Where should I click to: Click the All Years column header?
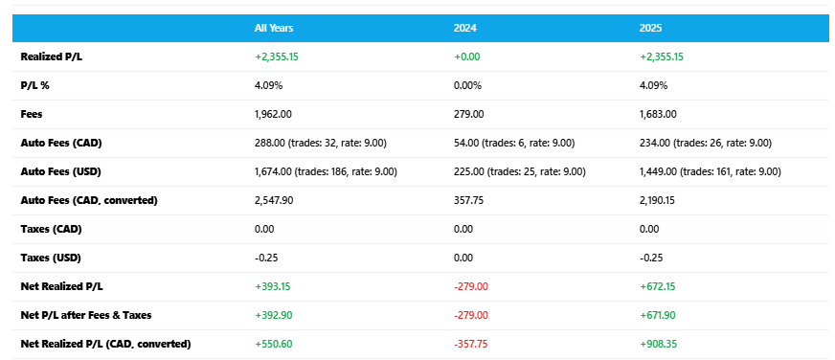273,28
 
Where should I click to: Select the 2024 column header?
466,28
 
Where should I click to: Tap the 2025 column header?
652,28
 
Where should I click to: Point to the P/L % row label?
36,85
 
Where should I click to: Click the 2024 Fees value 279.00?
466,114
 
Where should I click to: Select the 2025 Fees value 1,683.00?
658,114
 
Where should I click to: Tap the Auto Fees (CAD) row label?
61,143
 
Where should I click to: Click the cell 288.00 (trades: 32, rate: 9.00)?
323,143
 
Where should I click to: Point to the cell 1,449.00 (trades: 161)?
710,171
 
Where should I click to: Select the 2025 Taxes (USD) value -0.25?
650,258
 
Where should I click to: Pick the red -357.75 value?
470,344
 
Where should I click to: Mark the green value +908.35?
660,344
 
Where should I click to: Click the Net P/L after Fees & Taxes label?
85,315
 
